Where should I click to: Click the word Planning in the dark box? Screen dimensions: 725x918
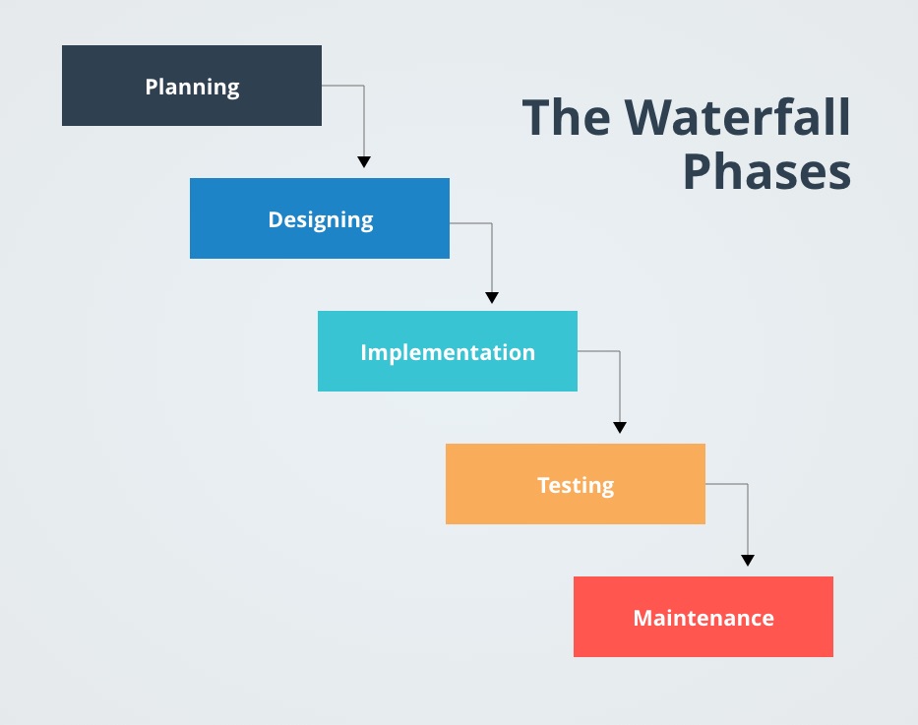(x=192, y=87)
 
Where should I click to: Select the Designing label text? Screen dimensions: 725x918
(x=320, y=219)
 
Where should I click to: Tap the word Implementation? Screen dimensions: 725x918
(x=448, y=352)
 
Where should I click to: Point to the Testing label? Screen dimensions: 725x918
(x=576, y=485)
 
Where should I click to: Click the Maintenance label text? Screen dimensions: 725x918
(x=704, y=618)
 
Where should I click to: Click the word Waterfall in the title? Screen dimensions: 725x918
(x=739, y=118)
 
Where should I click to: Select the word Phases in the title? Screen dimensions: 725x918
(x=766, y=172)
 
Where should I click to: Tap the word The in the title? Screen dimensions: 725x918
(x=567, y=118)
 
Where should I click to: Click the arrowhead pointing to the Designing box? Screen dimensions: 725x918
(x=364, y=161)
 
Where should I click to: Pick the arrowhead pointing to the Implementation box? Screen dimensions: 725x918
(x=492, y=297)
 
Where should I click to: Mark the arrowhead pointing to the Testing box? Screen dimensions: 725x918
(x=620, y=427)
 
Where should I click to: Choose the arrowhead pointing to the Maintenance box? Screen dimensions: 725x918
(x=748, y=560)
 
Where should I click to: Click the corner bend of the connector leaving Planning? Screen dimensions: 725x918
(x=364, y=87)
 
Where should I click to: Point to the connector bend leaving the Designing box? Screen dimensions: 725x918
(x=492, y=223)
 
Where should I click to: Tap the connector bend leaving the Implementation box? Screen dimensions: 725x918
(x=620, y=351)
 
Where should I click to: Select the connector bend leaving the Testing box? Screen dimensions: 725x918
(x=748, y=484)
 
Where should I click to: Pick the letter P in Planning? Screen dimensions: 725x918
(x=152, y=87)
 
